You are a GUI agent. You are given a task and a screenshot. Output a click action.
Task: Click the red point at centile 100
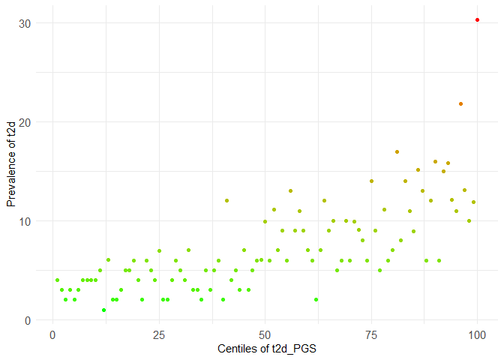477,19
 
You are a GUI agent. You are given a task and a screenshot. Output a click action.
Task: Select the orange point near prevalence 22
460,103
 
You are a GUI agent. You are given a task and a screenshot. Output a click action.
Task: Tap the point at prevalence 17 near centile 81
397,151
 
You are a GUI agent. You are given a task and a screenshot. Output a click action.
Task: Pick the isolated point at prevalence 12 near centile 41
226,200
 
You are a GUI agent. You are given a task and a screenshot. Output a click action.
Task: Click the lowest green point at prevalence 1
103,310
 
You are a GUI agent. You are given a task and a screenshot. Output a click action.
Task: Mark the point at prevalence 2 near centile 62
316,299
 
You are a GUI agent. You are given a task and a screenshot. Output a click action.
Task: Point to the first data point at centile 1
57,280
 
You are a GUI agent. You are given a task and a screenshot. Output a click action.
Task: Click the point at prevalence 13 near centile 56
290,190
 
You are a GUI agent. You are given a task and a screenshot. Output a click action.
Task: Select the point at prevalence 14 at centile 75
371,181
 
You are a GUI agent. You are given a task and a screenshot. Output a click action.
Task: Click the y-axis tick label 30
25,23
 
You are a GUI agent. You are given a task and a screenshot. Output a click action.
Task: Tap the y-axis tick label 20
25,122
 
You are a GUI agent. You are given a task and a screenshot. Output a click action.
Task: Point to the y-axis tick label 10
25,221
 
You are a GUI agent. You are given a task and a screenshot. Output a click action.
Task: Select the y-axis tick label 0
28,320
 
